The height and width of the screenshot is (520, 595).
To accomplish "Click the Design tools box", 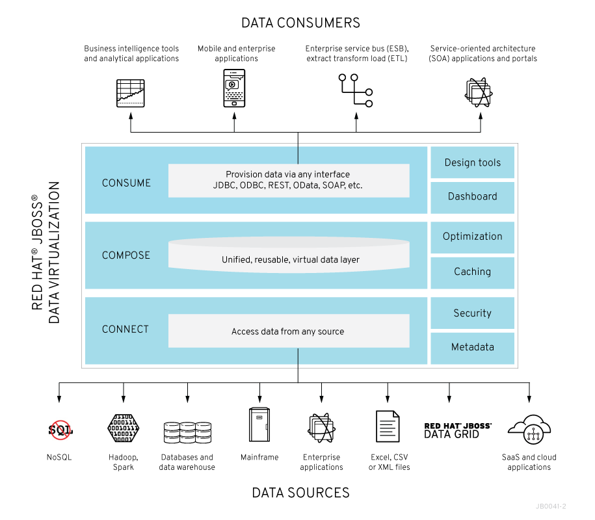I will pyautogui.click(x=472, y=162).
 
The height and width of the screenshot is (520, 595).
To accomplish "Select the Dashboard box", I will pyautogui.click(x=472, y=197).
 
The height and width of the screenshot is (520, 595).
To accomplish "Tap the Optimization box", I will pyautogui.click(x=472, y=237).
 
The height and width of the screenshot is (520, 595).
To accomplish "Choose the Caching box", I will pyautogui.click(x=472, y=272).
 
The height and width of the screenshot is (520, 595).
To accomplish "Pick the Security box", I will pyautogui.click(x=472, y=313).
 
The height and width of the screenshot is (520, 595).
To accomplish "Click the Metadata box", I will pyautogui.click(x=472, y=348).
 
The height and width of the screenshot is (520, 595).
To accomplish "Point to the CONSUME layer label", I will pyautogui.click(x=126, y=183).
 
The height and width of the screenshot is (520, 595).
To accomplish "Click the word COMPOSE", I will pyautogui.click(x=126, y=255).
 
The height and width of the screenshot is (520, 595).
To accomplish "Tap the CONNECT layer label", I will pyautogui.click(x=126, y=330).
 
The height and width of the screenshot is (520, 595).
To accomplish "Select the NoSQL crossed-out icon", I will pyautogui.click(x=60, y=429).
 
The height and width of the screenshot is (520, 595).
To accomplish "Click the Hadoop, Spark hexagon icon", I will pyautogui.click(x=124, y=428).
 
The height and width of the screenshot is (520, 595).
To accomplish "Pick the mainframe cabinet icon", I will pyautogui.click(x=259, y=425).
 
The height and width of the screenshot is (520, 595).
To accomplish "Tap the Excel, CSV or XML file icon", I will pyautogui.click(x=388, y=426).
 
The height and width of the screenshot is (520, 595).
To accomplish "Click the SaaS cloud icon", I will pyautogui.click(x=529, y=428).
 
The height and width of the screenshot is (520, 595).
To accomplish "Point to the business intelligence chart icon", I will pyautogui.click(x=130, y=93).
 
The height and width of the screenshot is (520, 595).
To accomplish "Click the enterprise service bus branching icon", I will pyautogui.click(x=355, y=90).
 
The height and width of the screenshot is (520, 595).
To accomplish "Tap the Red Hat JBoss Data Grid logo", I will pyautogui.click(x=458, y=430).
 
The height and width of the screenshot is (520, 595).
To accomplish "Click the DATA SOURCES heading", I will pyautogui.click(x=300, y=493).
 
